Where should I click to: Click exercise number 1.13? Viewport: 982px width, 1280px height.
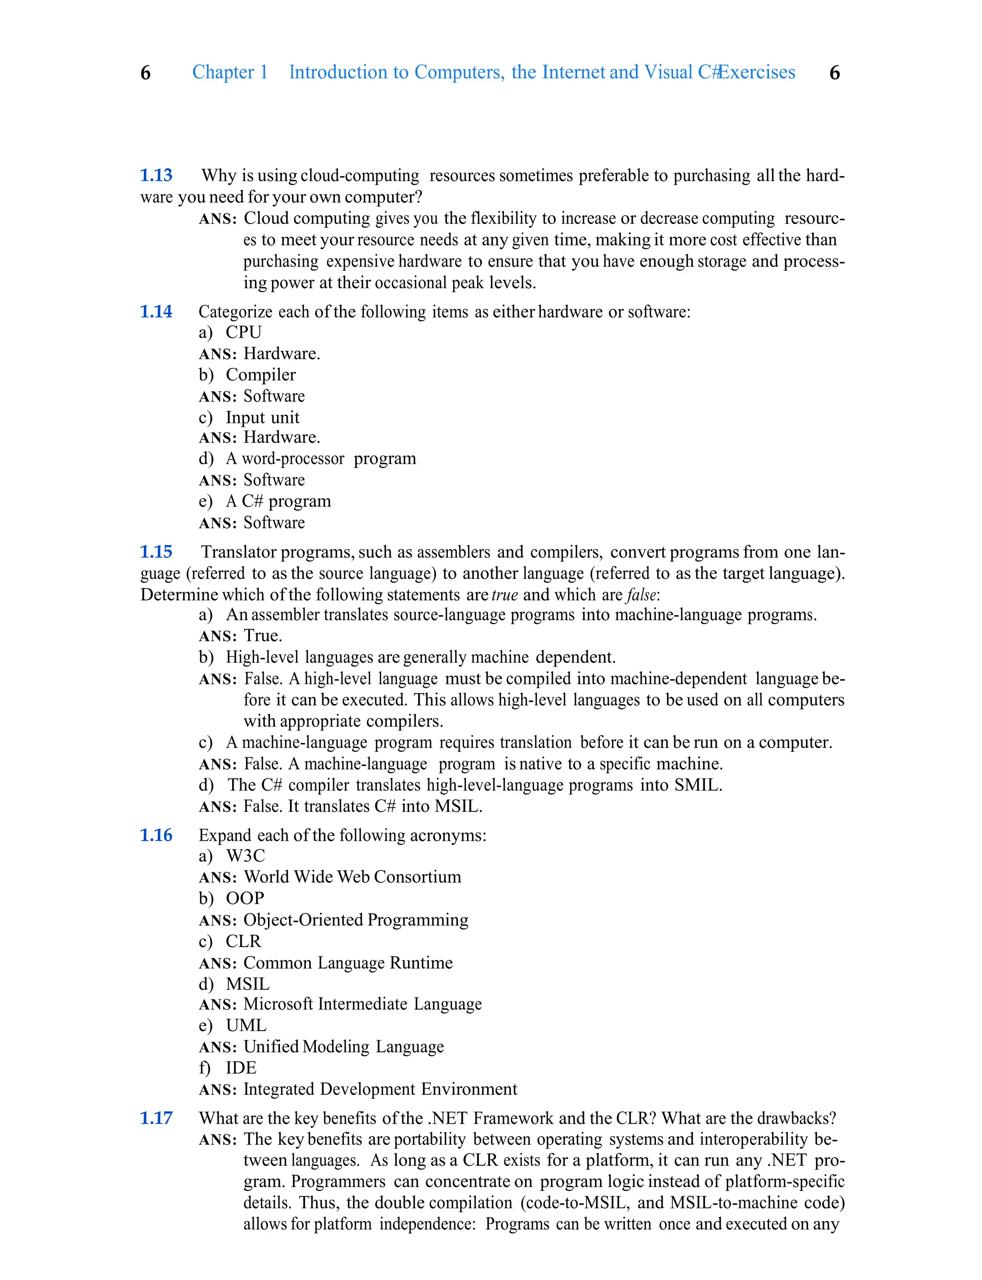click(156, 176)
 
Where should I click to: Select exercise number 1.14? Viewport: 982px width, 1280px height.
click(156, 312)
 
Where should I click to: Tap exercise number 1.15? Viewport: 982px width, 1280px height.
click(156, 552)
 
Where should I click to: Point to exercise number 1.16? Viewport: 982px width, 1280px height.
click(156, 835)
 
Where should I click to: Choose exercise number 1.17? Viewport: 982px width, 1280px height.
click(156, 1118)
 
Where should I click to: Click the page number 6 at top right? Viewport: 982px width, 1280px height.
click(835, 73)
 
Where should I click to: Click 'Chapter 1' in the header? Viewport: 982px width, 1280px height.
click(230, 72)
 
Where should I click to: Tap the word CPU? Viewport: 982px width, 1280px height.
click(244, 332)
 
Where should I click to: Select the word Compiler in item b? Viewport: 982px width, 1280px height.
click(261, 375)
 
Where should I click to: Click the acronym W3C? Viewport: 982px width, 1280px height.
click(245, 856)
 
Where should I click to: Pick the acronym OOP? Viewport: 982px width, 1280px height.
click(245, 898)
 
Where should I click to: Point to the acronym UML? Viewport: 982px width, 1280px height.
click(246, 1025)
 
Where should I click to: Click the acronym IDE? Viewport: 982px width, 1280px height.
click(241, 1068)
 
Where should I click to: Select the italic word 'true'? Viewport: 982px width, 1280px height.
click(505, 595)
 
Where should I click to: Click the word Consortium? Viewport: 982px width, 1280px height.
click(417, 877)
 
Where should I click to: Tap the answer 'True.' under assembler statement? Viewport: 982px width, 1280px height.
click(262, 636)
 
